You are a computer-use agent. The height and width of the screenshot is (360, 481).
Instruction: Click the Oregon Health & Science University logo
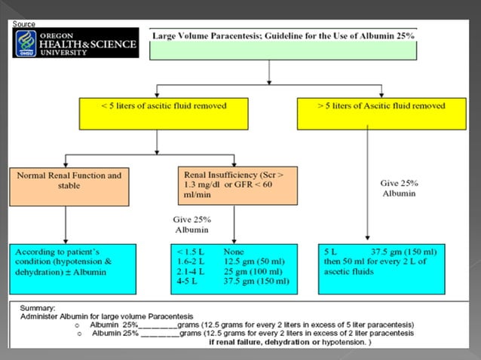pyautogui.click(x=75, y=43)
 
